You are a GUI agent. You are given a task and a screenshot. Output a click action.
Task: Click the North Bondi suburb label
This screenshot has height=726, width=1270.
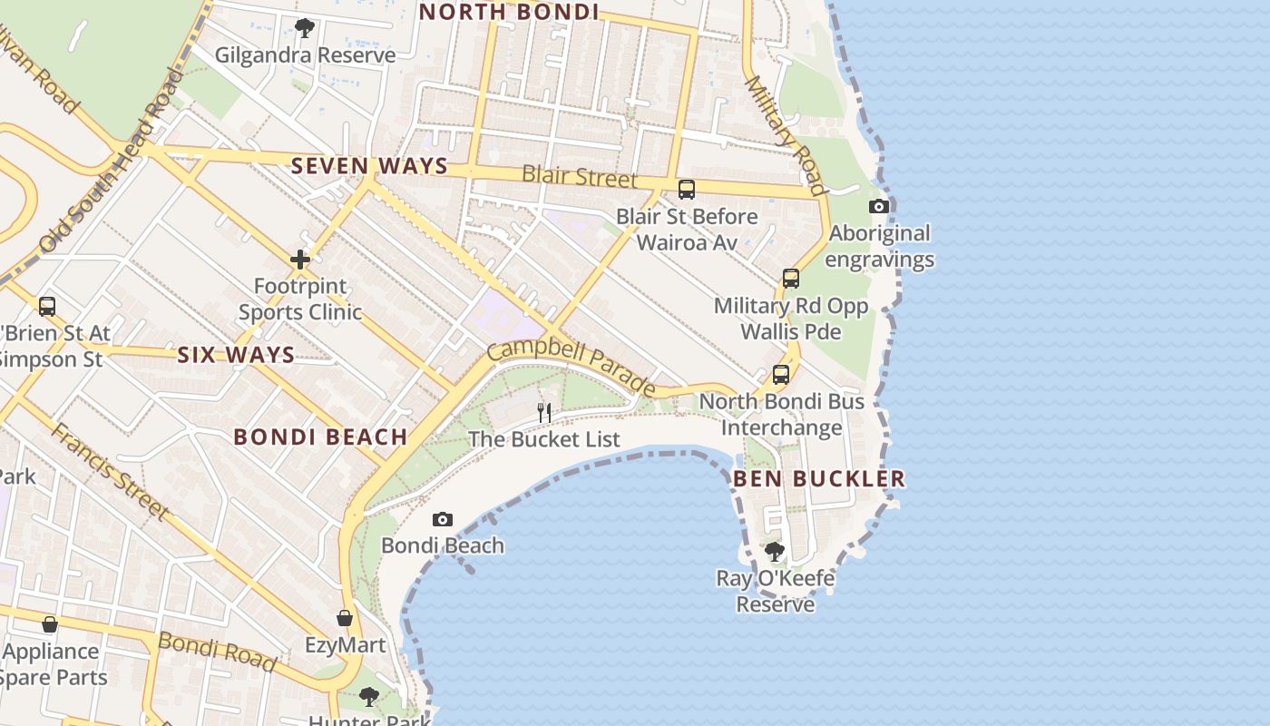coord(509,12)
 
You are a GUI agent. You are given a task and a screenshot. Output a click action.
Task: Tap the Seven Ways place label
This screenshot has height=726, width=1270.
coord(369,166)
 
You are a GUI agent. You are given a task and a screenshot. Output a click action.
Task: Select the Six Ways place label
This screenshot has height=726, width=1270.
coord(236,355)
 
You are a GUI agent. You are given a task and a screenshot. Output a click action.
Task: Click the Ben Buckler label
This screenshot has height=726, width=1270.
coord(819,478)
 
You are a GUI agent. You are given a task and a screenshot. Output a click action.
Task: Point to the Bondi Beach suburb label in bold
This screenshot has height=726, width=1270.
coord(320,437)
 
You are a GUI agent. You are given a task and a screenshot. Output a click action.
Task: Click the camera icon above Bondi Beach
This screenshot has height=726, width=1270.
coord(443,520)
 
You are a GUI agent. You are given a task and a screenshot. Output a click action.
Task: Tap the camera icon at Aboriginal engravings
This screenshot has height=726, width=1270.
coord(878,207)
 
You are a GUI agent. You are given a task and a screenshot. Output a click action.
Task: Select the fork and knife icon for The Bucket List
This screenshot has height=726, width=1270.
coord(544,413)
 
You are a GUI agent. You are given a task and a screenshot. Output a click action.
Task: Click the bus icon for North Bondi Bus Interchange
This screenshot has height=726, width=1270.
coord(781,375)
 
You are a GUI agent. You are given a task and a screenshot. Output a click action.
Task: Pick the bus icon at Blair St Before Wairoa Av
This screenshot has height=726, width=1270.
coord(687,190)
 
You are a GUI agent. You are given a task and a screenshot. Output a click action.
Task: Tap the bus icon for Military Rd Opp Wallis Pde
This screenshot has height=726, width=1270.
coord(791,279)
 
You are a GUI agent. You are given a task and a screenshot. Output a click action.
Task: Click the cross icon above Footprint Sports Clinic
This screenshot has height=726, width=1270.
coord(300,260)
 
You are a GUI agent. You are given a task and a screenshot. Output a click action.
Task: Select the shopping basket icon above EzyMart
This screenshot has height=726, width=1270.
coord(345,619)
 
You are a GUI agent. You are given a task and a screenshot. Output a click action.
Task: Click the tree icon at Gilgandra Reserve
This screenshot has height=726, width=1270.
coord(305,28)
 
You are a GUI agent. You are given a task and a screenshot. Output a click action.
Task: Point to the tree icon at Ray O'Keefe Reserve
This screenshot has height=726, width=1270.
coord(775,552)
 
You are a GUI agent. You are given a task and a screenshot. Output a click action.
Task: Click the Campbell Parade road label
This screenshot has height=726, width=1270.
coord(571,368)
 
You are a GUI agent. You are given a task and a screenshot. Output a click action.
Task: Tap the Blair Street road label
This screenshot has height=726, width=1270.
coord(580,176)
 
